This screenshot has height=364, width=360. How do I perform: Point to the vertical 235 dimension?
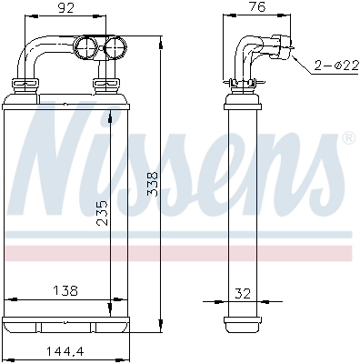103,211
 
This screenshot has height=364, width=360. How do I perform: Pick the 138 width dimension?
65,290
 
